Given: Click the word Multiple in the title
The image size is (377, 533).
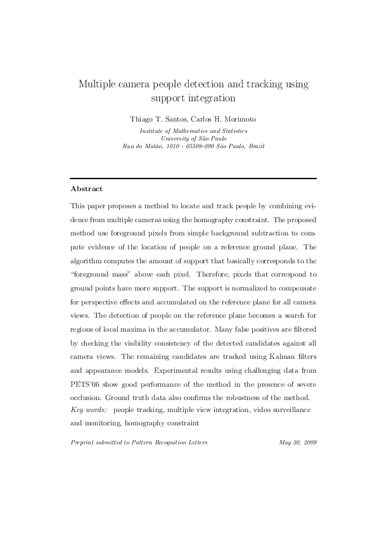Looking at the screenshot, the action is [99, 84].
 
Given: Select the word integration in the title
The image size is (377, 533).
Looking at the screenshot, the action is [210, 98].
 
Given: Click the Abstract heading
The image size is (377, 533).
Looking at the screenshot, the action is [86, 189].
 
